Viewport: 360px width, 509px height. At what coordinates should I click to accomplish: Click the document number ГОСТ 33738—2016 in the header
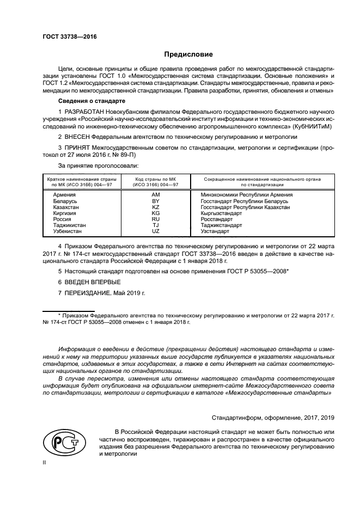[70, 36]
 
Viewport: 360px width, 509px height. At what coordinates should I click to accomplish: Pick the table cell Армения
[64, 194]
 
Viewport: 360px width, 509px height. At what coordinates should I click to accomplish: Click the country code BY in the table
[155, 201]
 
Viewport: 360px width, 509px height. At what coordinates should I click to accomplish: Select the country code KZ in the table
[155, 207]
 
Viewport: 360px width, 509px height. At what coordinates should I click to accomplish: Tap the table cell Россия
[62, 219]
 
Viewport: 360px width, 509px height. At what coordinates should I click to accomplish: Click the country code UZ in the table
[155, 231]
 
